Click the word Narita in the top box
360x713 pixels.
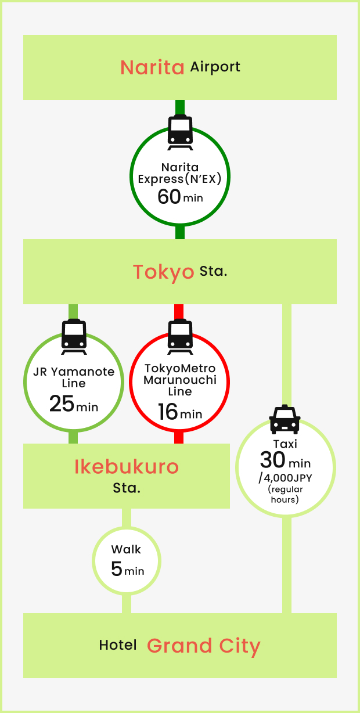pos(152,67)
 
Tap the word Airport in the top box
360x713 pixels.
pos(215,67)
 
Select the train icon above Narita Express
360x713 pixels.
pos(180,132)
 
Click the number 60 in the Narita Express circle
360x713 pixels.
pos(169,197)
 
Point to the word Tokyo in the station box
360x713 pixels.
pos(163,272)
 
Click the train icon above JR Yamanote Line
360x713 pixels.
pos(74,337)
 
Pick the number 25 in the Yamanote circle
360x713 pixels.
pos(62,404)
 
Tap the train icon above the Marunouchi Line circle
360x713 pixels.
pos(180,337)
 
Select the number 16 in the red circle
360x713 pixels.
pos(167,412)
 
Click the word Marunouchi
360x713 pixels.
pos(180,380)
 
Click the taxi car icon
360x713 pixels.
pos(285,419)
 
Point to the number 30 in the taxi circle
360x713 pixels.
pos(272,460)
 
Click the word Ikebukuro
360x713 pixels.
pos(127,467)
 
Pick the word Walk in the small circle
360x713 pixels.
pos(127,549)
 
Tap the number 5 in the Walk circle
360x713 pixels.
pos(117,569)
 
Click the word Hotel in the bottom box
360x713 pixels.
pos(118,645)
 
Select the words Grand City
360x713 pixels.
pos(203,646)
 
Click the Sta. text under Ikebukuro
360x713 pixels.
pos(127,488)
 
